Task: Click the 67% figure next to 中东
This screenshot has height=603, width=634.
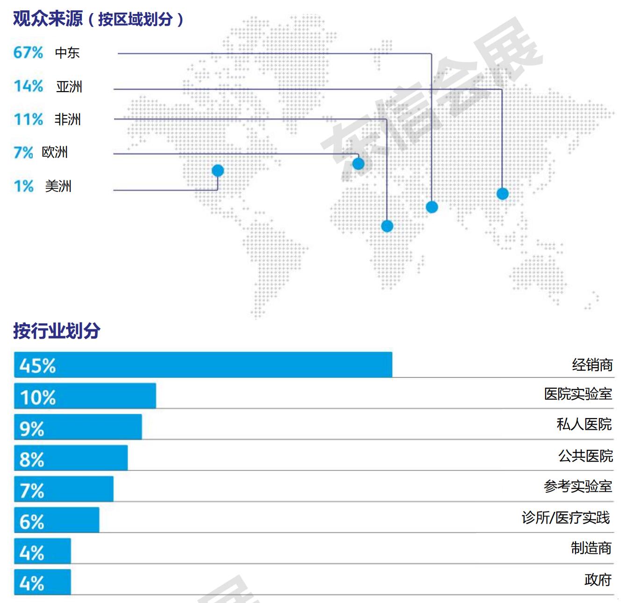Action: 28,52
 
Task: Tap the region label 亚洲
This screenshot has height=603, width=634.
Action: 69,86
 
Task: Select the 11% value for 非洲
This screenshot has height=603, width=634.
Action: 28,120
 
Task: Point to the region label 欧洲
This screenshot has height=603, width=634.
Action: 55,152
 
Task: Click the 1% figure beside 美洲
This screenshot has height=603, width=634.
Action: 23,186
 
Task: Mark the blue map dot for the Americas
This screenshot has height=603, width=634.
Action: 217,170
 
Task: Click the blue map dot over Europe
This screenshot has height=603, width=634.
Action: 358,163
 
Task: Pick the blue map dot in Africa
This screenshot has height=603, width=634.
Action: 387,226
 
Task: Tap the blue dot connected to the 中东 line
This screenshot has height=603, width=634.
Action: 432,207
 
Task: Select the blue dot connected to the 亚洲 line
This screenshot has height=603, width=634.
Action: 503,193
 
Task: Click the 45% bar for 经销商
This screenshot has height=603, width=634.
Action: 203,365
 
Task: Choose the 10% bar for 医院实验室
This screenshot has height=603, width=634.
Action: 85,396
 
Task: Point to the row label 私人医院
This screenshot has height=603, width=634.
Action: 584,424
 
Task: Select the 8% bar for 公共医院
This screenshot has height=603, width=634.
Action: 71,458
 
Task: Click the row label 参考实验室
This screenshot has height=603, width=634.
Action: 578,486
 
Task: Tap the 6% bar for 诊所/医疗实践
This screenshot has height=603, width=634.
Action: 57,520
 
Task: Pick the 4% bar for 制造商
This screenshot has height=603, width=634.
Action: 43,551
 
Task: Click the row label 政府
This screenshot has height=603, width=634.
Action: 598,580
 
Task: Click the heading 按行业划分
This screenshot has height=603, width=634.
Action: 57,331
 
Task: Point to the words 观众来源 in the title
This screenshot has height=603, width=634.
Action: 48,19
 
